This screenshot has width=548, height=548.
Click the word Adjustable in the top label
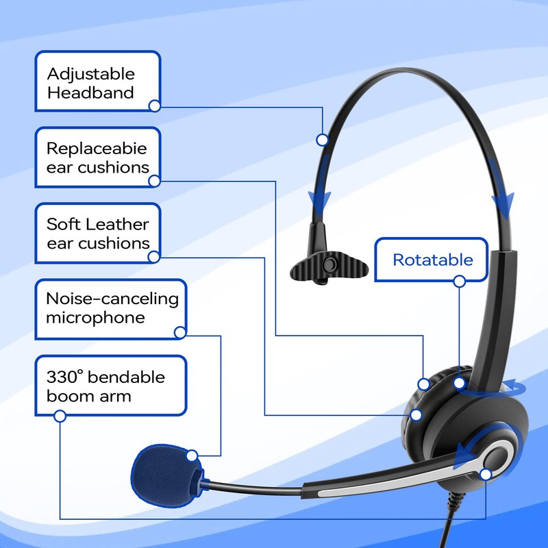(x=90, y=74)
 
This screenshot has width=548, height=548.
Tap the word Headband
(x=90, y=92)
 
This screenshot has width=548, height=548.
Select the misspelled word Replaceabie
(x=97, y=148)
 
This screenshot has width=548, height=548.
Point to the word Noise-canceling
(x=112, y=299)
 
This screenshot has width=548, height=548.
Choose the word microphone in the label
(x=95, y=318)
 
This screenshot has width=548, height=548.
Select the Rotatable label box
(x=432, y=260)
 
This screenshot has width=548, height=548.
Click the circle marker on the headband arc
(x=322, y=140)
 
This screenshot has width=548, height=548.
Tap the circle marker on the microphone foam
(x=192, y=455)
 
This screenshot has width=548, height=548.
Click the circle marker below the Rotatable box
(x=460, y=281)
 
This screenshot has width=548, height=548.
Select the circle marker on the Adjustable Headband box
(x=155, y=106)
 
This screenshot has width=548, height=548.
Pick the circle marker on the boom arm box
(x=60, y=416)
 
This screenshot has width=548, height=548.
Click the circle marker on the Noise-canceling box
(x=180, y=334)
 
